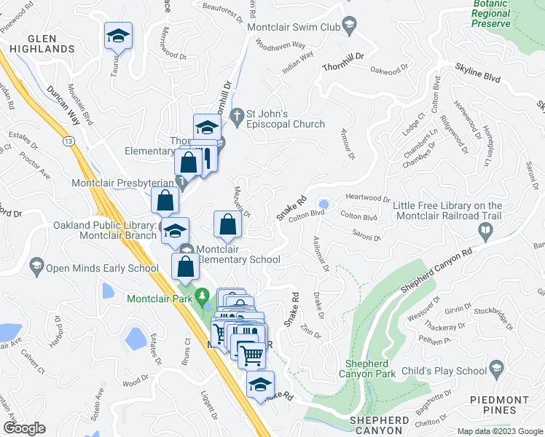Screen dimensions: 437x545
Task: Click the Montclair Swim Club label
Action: [294, 28]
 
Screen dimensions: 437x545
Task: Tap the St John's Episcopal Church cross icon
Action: [236, 115]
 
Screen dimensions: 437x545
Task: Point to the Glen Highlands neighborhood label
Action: [41, 43]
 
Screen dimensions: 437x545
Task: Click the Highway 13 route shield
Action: [68, 139]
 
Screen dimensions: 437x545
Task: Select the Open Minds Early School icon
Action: [36, 267]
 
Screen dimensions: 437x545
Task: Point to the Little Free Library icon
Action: [485, 231]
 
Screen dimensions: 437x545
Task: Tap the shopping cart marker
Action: [251, 355]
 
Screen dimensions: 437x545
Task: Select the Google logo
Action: [24, 428]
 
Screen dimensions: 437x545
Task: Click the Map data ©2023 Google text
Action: [500, 431]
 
